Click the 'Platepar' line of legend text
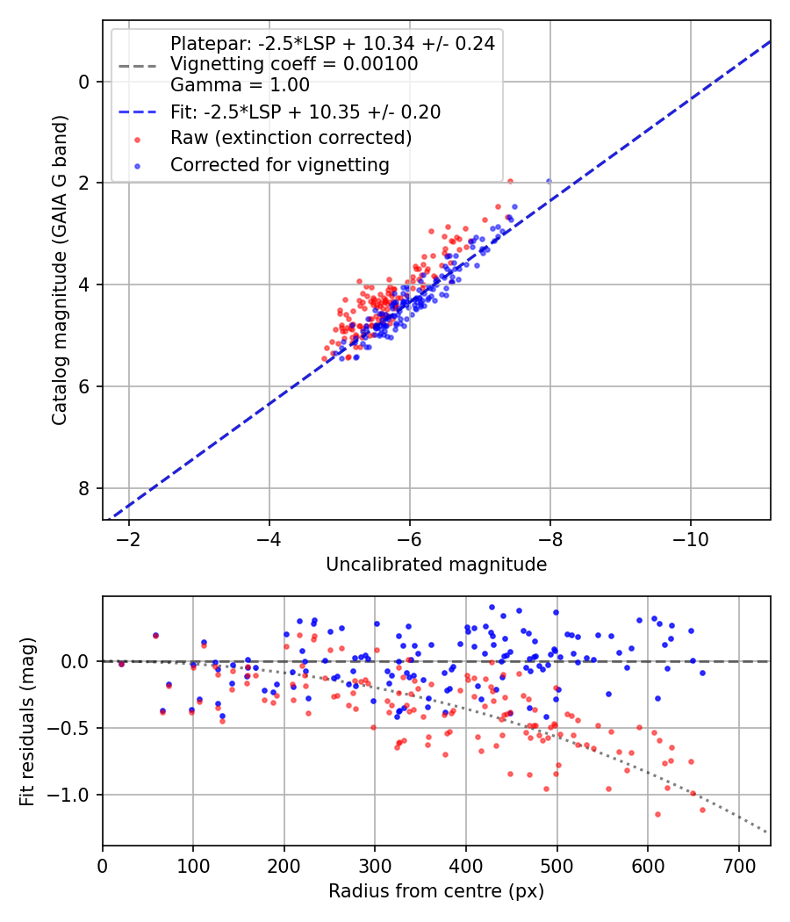coord(333,44)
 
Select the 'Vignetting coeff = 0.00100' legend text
coord(294,64)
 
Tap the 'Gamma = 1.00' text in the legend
coord(240,85)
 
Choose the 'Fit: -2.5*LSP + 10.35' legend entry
coord(305,112)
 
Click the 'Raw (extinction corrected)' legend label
coord(291,138)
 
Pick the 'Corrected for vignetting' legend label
coord(280,164)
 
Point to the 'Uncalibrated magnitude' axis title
coord(436,565)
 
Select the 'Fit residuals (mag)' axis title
coord(27,721)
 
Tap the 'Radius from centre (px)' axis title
coord(436,891)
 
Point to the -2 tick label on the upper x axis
coord(129,538)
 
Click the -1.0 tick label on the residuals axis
coord(75,795)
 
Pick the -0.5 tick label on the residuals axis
coord(75,728)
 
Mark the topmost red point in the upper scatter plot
coord(510,181)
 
